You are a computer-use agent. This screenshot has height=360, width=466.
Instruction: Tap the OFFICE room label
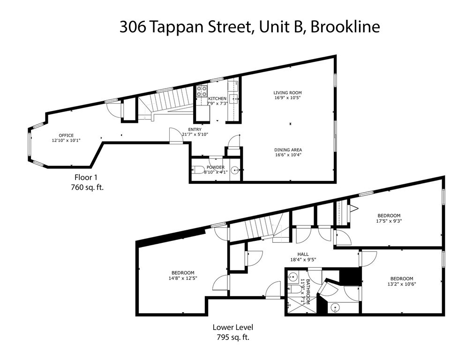point(66,135)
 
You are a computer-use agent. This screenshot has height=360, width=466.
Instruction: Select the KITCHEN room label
point(218,98)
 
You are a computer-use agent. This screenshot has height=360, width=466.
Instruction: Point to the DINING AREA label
point(288,150)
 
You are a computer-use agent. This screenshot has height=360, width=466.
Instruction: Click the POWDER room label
point(216,167)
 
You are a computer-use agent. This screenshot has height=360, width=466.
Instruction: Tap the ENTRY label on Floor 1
point(195,129)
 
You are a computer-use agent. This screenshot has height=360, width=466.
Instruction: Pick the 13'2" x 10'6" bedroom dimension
point(402,283)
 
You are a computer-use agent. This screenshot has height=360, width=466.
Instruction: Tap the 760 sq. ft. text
point(86,187)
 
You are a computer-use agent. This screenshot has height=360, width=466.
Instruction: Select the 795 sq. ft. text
point(233,337)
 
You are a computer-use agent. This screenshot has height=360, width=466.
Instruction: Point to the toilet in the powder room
point(198,171)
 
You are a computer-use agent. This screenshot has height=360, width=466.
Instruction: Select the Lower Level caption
point(233,327)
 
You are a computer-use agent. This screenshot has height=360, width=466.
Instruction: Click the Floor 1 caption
point(86,177)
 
